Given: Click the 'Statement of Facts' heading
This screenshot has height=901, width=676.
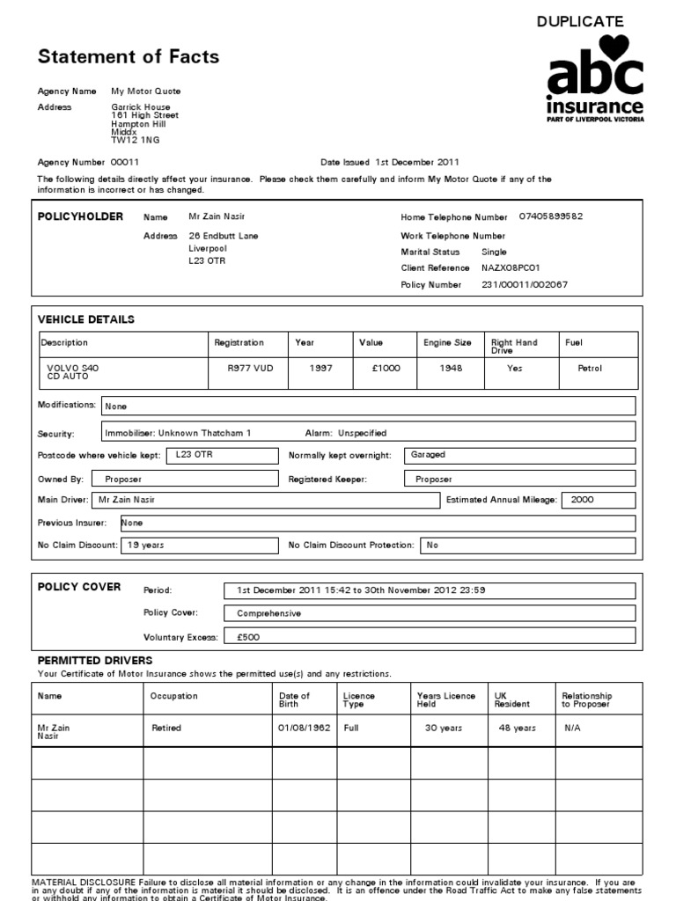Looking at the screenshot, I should [128, 58].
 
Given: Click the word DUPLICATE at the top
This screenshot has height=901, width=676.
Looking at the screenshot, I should [580, 21].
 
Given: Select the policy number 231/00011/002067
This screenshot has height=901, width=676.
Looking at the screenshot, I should [525, 285].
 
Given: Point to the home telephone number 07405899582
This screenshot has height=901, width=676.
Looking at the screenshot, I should [551, 216].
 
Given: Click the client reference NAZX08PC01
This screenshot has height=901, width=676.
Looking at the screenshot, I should [511, 267].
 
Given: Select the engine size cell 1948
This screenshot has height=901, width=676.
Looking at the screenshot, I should [451, 369].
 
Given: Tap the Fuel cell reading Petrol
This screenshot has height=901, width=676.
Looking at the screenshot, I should [589, 369].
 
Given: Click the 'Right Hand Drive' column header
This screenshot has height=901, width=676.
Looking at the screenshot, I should [514, 346].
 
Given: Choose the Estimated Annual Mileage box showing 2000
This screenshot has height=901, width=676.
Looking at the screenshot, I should [598, 500].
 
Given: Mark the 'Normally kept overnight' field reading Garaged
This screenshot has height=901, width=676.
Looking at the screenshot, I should [519, 455].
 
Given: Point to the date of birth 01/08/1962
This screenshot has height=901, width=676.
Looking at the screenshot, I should [304, 729].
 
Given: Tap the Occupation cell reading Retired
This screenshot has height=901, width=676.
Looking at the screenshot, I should [166, 729].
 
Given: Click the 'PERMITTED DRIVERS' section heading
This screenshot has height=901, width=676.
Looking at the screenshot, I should [94, 660].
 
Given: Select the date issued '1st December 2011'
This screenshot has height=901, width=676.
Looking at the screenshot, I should [416, 162].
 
